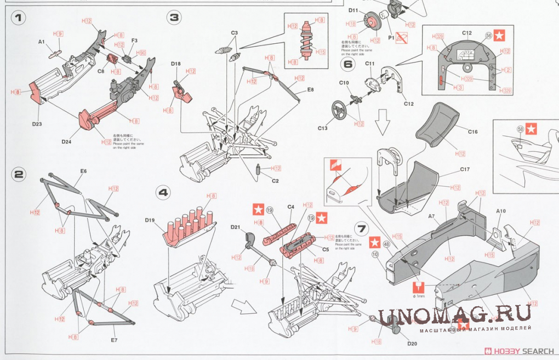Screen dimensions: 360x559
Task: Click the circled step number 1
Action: (x=19, y=18)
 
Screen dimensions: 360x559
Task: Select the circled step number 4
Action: (x=163, y=192)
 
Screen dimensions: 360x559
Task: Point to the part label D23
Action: (x=37, y=124)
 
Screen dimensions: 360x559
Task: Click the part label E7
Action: (x=114, y=340)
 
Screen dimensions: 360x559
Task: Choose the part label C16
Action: (x=473, y=132)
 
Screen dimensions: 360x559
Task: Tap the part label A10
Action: (x=500, y=211)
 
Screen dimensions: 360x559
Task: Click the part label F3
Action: (x=134, y=40)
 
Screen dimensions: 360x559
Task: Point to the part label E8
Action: (x=310, y=89)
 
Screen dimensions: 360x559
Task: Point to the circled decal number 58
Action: (x=520, y=130)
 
